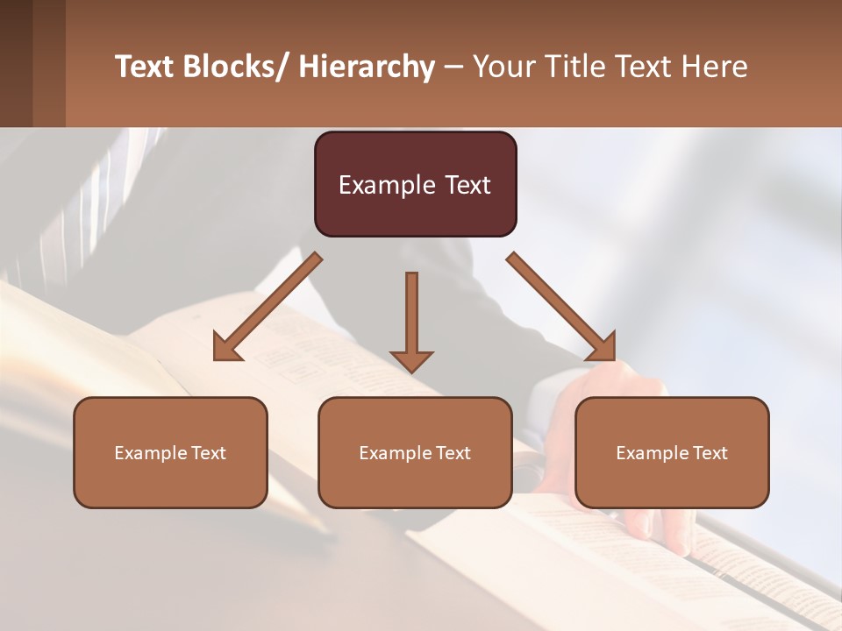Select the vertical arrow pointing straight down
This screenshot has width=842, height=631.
(411, 315)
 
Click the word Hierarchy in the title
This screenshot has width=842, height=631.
(366, 67)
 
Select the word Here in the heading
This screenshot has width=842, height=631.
(717, 67)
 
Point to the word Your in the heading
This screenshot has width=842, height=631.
(503, 67)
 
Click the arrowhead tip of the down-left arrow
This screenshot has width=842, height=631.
(218, 356)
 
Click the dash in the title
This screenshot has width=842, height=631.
(453, 67)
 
